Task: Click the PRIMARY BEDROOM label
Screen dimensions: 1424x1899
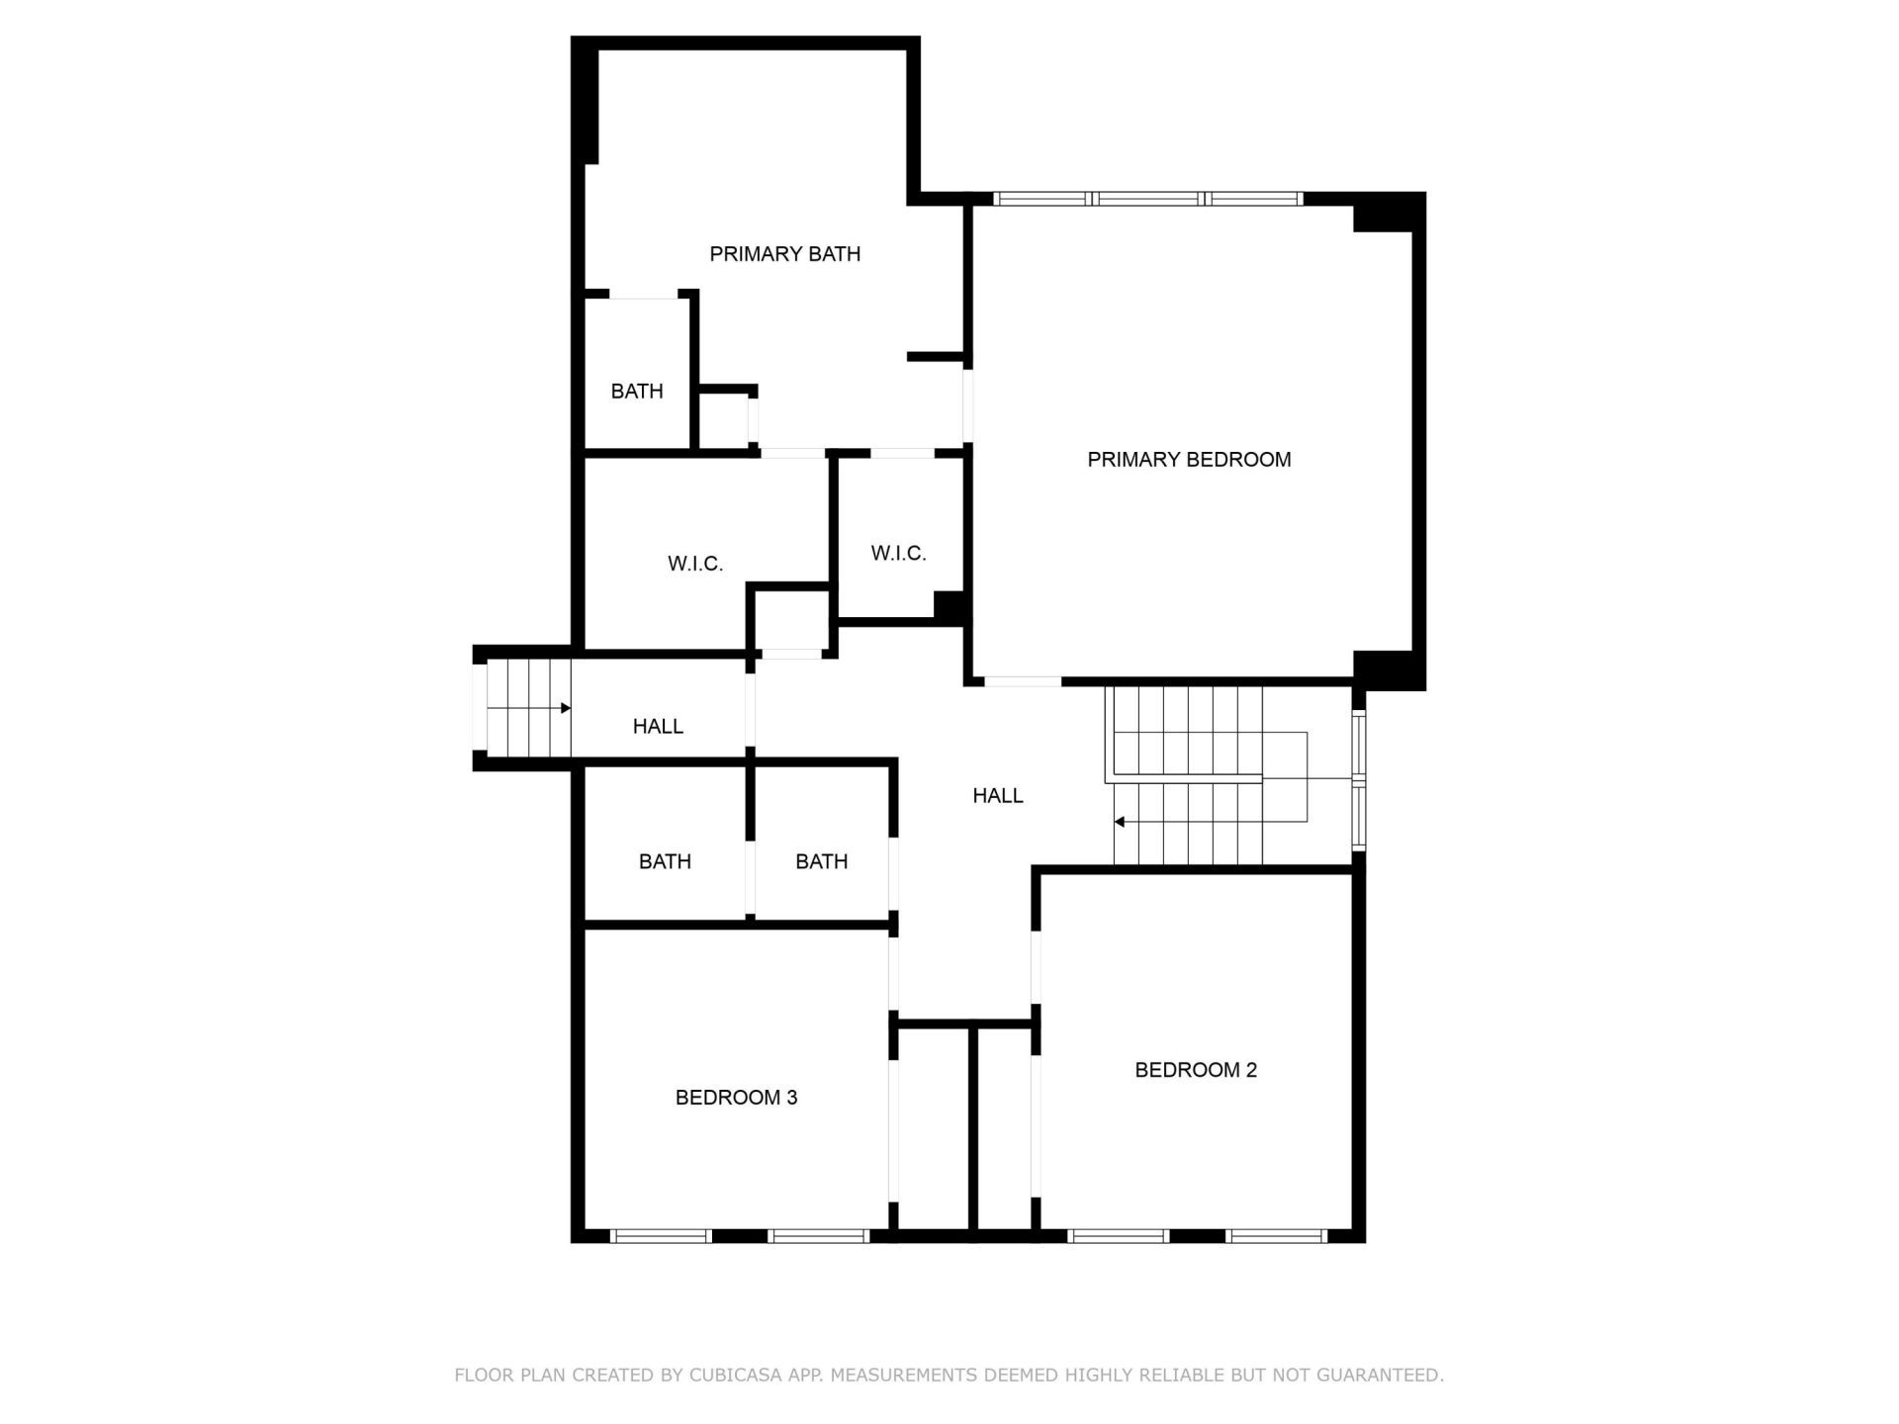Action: [x=1189, y=460]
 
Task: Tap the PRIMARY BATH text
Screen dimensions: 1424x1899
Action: [x=784, y=254]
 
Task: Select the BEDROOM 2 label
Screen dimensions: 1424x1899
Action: [x=1195, y=1070]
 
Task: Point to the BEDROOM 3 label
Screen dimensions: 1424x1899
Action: [x=736, y=1098]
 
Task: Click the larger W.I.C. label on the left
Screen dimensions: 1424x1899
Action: [x=695, y=565]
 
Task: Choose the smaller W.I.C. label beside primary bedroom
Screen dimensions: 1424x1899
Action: [x=898, y=554]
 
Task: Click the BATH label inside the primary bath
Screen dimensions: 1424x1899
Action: [x=636, y=392]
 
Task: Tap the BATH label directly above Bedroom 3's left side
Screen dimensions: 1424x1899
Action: [x=665, y=862]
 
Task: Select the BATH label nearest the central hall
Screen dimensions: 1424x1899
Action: [x=821, y=862]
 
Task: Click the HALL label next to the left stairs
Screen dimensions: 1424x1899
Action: [x=658, y=727]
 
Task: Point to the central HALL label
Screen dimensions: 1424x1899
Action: [x=997, y=796]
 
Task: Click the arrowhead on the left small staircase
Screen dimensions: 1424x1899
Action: [x=566, y=708]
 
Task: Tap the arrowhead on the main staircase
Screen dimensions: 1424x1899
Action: [x=1120, y=822]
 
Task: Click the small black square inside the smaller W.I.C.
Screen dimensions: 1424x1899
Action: [x=949, y=605]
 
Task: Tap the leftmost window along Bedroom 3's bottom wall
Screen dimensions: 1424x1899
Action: [x=661, y=1236]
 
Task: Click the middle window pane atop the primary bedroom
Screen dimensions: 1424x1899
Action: [x=1148, y=199]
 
